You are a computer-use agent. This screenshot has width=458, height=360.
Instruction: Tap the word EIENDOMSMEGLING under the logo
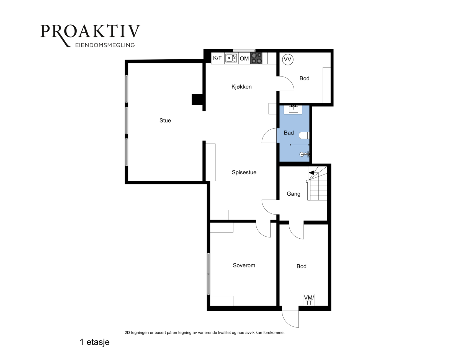click(x=105, y=45)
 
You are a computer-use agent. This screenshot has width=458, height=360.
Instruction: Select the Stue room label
click(x=165, y=121)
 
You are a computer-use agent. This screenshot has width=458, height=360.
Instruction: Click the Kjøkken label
click(x=241, y=87)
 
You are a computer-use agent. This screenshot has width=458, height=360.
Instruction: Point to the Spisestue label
click(x=244, y=172)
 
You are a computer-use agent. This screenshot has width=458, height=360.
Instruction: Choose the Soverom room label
click(x=244, y=265)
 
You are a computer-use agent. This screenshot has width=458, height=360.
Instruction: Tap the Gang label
click(x=294, y=194)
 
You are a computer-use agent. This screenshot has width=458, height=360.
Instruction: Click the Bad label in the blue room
click(x=289, y=133)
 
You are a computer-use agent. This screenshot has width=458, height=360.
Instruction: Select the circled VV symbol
click(x=288, y=59)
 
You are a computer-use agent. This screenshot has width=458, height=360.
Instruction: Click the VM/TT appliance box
click(x=309, y=300)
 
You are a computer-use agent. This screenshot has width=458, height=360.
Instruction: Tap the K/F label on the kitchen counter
click(x=217, y=58)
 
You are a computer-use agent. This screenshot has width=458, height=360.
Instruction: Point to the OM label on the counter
click(x=244, y=59)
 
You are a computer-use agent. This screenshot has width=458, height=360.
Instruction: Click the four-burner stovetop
click(x=256, y=58)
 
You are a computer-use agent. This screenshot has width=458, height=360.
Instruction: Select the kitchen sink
click(x=231, y=58)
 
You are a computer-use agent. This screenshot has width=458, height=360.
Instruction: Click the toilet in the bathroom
click(x=304, y=136)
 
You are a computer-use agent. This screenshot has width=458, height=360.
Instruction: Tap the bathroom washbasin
click(x=293, y=109)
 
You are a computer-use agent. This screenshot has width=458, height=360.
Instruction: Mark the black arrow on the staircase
click(x=311, y=172)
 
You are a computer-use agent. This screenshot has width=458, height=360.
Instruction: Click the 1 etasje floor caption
click(x=95, y=342)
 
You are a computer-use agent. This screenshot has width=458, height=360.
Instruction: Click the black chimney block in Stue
click(x=197, y=99)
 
